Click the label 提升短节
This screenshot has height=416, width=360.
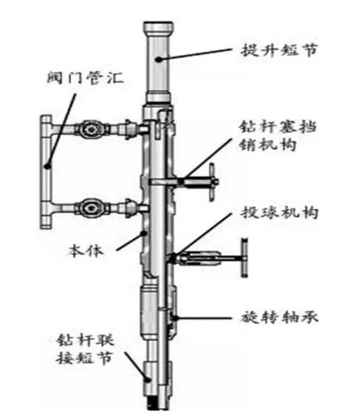279,50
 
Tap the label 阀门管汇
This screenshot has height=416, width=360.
85,78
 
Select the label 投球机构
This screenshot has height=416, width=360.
279,213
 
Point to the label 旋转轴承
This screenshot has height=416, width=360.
279,317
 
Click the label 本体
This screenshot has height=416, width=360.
85,251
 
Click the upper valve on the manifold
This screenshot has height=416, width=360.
92,129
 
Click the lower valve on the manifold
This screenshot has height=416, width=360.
92,208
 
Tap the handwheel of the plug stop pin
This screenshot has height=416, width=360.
212,182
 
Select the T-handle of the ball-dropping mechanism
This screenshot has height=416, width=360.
245,258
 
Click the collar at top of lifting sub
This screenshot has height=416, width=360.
158,27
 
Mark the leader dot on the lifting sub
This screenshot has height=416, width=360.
159,60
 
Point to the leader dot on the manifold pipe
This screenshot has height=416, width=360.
48,166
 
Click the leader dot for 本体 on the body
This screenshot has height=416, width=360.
144,233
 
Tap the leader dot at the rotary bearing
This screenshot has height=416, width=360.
175,317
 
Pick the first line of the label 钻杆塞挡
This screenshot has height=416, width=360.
278,127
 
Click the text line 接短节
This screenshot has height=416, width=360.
84,358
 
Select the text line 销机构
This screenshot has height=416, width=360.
268,145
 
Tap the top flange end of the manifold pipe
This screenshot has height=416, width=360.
46,119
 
